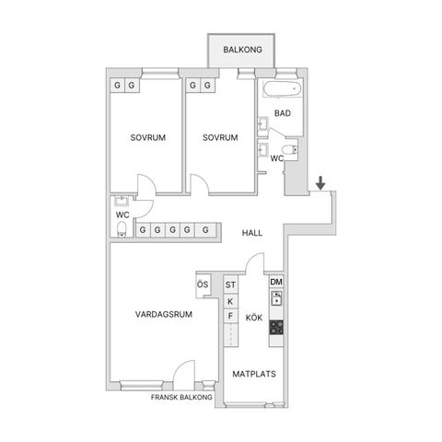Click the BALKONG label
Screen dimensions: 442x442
coord(242,50)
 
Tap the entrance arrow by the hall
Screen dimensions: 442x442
coord(320,183)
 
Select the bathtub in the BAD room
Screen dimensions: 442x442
coord(282,88)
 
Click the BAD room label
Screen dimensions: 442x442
coord(283,113)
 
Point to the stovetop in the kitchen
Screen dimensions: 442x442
coord(276,327)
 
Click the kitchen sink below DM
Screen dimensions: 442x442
coord(276,298)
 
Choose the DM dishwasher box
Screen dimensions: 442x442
coord(276,282)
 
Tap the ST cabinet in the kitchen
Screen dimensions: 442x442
coord(230,285)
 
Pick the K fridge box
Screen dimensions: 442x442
coord(230,301)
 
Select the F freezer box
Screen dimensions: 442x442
coord(230,316)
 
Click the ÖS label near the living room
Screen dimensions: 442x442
coord(203,285)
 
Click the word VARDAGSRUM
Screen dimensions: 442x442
coord(164,314)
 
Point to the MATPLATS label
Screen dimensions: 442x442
coord(254,374)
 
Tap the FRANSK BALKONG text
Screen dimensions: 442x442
coord(181,397)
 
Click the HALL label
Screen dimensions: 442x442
coord(252,233)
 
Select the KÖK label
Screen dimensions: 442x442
coord(254,317)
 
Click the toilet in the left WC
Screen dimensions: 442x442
coord(122,229)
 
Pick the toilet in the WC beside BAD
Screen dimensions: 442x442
coord(290,150)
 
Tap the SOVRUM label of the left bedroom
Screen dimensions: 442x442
coord(148,137)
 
